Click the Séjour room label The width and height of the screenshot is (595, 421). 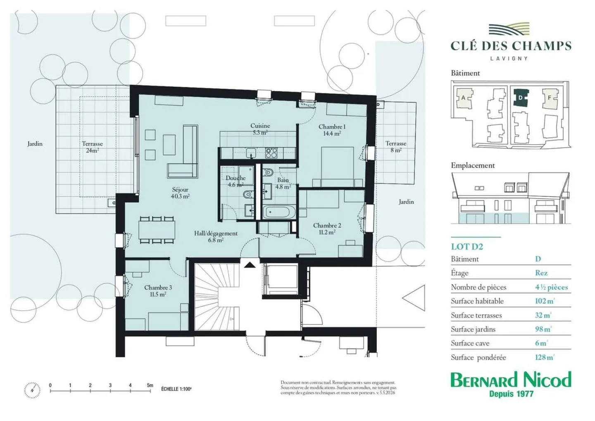coord(180,193)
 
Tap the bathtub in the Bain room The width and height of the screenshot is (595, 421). coord(279,212)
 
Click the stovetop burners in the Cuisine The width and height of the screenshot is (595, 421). coord(271,153)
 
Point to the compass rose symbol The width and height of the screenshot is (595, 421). coord(32,390)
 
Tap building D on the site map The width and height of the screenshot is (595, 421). coord(521,98)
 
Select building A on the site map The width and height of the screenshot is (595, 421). coord(464,98)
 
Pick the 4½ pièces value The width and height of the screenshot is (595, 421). coord(552,287)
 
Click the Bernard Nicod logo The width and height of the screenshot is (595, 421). coord(511,384)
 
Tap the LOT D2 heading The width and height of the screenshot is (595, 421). coord(467,247)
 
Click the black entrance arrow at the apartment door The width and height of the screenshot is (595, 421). coord(250,264)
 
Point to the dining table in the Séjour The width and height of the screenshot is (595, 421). coord(157,230)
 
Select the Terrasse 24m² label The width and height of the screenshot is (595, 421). coord(92,147)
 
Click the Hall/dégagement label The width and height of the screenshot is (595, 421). coord(216,237)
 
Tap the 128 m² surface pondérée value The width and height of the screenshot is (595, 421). coord(545,357)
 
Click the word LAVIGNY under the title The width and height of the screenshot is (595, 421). coord(509,58)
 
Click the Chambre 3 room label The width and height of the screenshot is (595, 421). coord(158,291)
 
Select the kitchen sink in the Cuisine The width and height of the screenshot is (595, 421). coord(251,153)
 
